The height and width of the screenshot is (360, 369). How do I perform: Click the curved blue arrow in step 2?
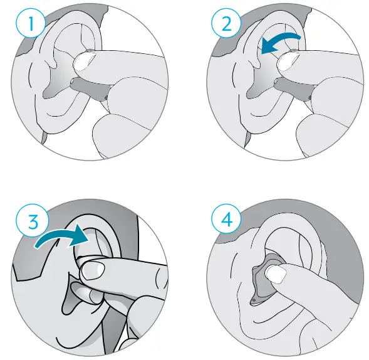point(281,41)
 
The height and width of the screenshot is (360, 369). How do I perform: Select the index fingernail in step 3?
point(92,271)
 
